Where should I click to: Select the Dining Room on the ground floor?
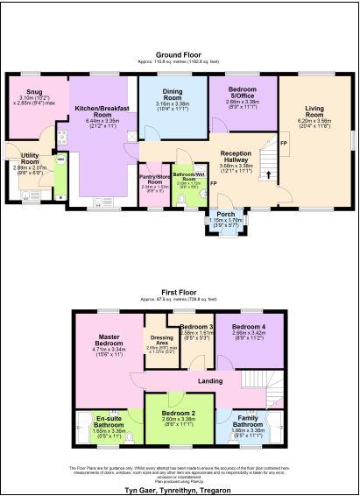point(171,98)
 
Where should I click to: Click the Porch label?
point(222,216)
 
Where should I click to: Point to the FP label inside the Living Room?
point(282,142)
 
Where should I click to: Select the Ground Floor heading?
point(180,54)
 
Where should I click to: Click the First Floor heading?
point(180,290)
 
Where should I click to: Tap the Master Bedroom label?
point(109,344)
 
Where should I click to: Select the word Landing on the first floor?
point(210,379)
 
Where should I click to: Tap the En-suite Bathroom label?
point(109,423)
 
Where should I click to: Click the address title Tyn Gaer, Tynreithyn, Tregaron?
point(180,489)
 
